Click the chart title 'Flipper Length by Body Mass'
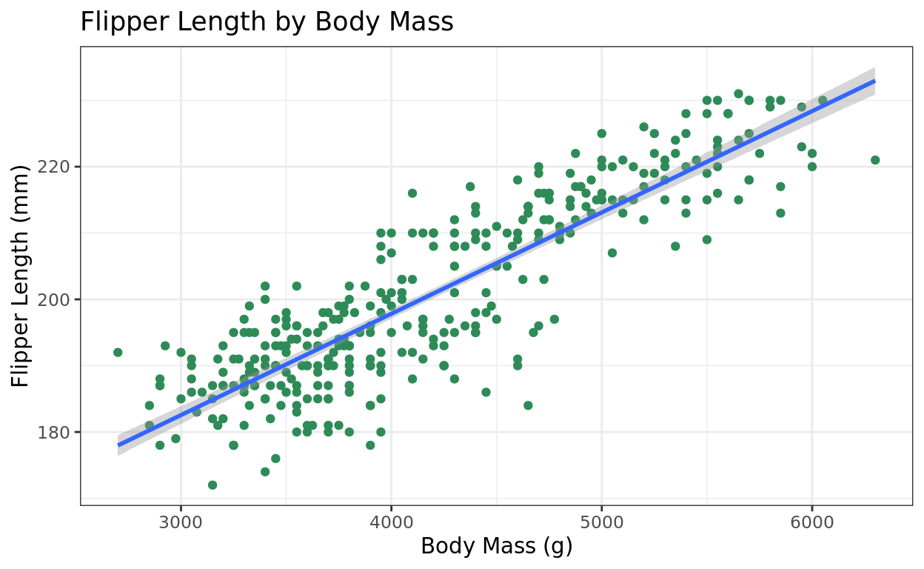pos(267,22)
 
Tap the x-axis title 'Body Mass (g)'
pos(497,546)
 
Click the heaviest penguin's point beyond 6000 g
pos(875,160)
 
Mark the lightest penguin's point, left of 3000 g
pos(118,353)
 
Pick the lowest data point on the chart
pos(212,485)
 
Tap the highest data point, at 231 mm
pos(738,94)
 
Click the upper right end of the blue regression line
pos(874,81)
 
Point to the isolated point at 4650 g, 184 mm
pos(528,405)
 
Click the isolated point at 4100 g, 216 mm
pos(412,193)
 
